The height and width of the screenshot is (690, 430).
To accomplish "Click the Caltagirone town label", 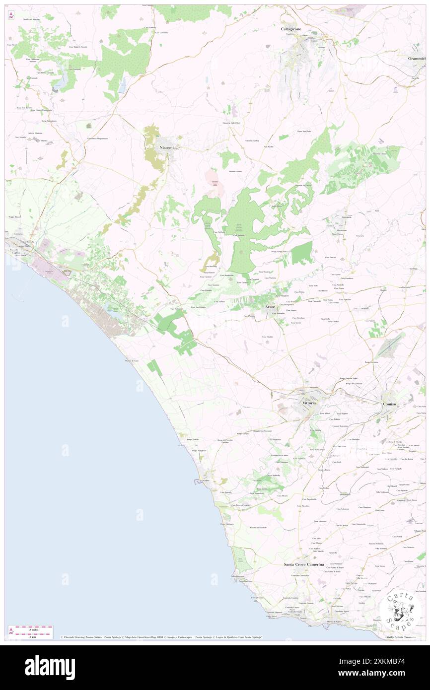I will (x=291, y=29).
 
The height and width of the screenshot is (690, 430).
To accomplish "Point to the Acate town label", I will (x=270, y=307).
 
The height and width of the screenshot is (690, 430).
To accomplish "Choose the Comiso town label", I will (x=389, y=404).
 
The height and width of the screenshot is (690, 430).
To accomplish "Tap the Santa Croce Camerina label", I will (x=304, y=564).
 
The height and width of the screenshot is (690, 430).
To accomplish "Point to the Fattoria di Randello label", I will (x=258, y=527).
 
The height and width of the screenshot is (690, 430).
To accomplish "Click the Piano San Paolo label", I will (x=304, y=131).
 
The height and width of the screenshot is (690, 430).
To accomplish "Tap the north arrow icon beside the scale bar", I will (x=11, y=631).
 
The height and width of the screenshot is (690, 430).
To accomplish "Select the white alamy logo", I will (x=50, y=667).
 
